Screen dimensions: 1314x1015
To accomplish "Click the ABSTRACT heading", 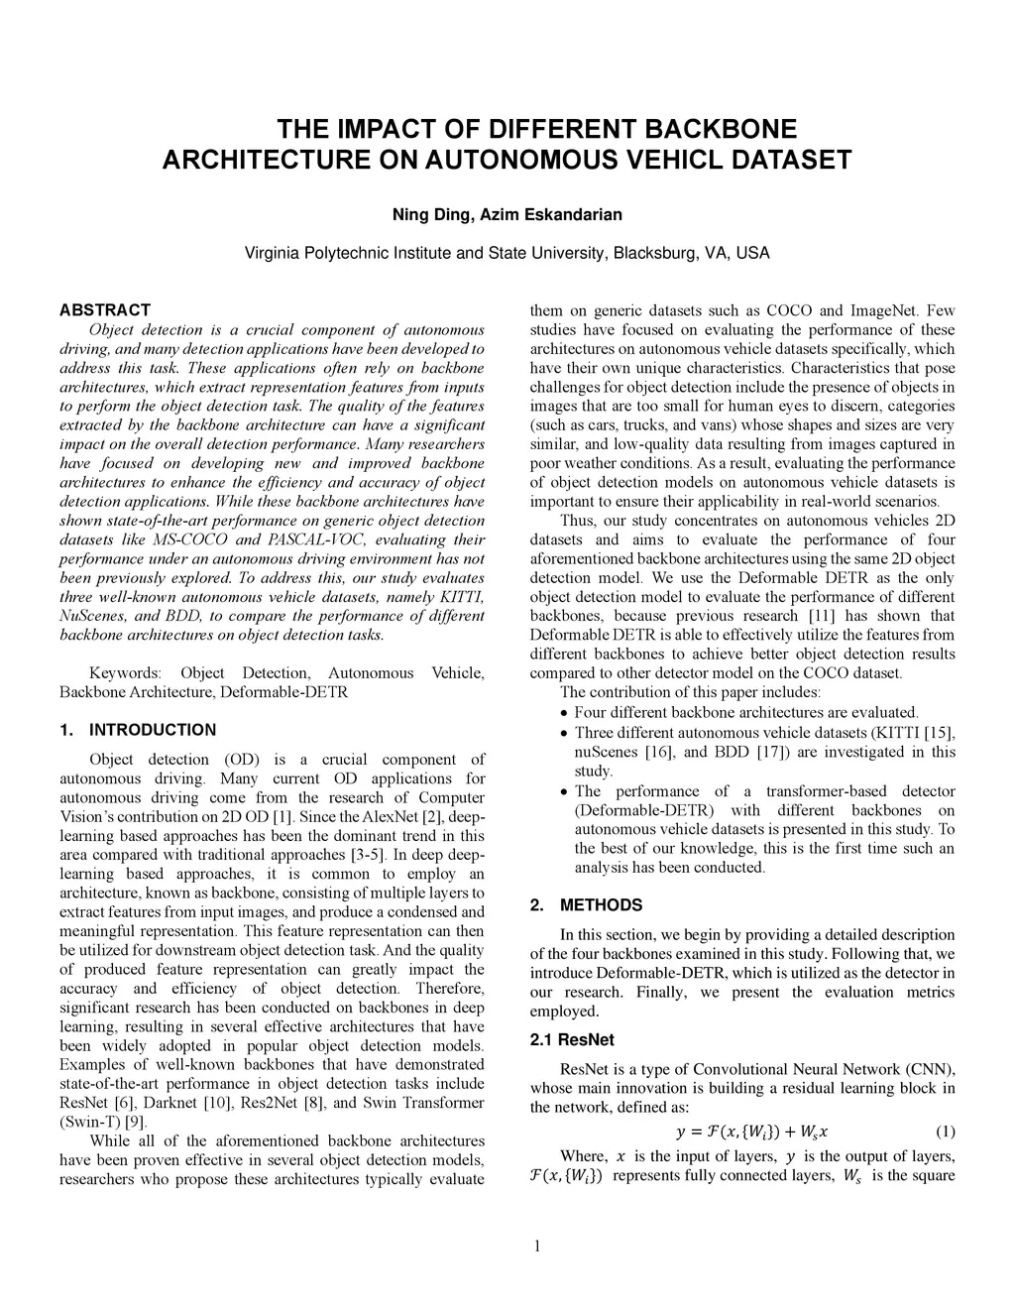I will tap(105, 309).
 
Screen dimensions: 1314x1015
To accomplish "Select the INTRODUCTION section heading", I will tap(152, 730).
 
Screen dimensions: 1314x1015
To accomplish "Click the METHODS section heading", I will tap(601, 904).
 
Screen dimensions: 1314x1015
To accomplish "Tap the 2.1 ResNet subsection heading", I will tap(572, 1039).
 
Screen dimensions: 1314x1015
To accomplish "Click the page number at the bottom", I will tap(536, 1247).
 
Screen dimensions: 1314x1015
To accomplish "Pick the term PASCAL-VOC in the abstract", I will tap(305, 539).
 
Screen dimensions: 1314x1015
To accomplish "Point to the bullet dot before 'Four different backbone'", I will tap(564, 712).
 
